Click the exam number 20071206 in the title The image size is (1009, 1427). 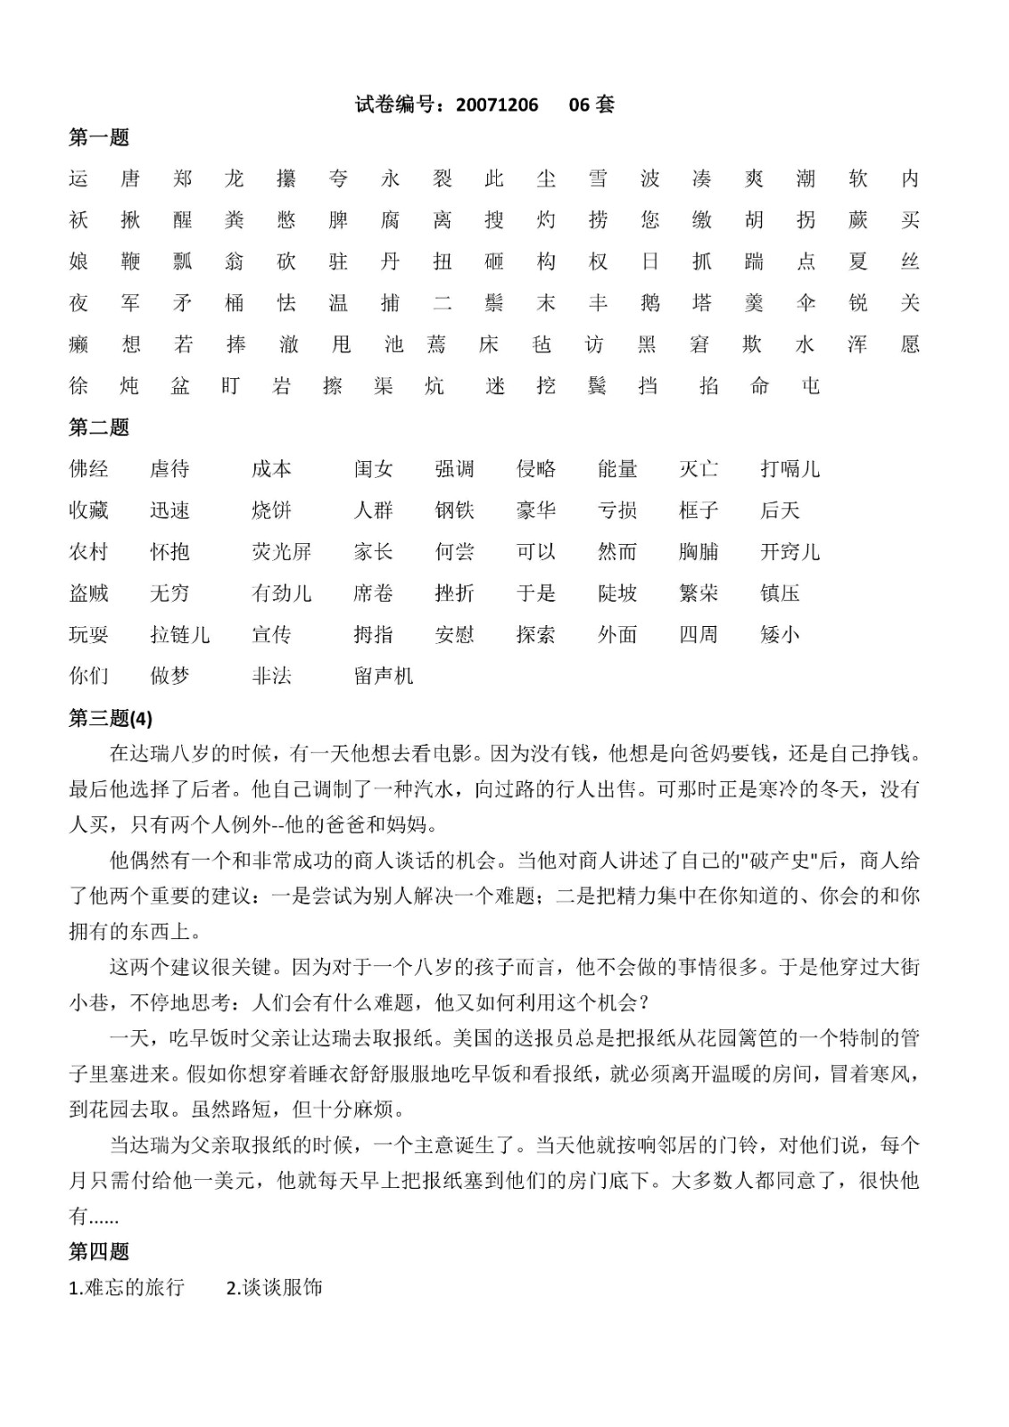click(497, 105)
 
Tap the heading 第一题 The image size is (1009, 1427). click(99, 137)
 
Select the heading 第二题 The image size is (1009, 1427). click(99, 427)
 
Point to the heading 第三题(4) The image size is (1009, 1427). click(111, 718)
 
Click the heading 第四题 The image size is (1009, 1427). click(99, 1251)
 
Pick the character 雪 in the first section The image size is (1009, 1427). click(598, 179)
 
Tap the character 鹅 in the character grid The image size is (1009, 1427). click(649, 303)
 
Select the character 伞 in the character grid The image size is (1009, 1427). click(806, 303)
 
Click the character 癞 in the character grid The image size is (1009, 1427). click(79, 344)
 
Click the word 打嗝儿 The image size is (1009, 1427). click(790, 469)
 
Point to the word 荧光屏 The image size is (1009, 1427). click(282, 552)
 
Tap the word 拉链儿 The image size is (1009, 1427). click(180, 635)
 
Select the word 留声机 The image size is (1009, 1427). click(384, 676)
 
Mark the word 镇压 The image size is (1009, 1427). click(780, 593)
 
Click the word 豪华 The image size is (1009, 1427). click(536, 510)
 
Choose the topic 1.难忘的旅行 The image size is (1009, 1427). click(127, 1287)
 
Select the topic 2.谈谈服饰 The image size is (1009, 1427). click(275, 1287)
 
